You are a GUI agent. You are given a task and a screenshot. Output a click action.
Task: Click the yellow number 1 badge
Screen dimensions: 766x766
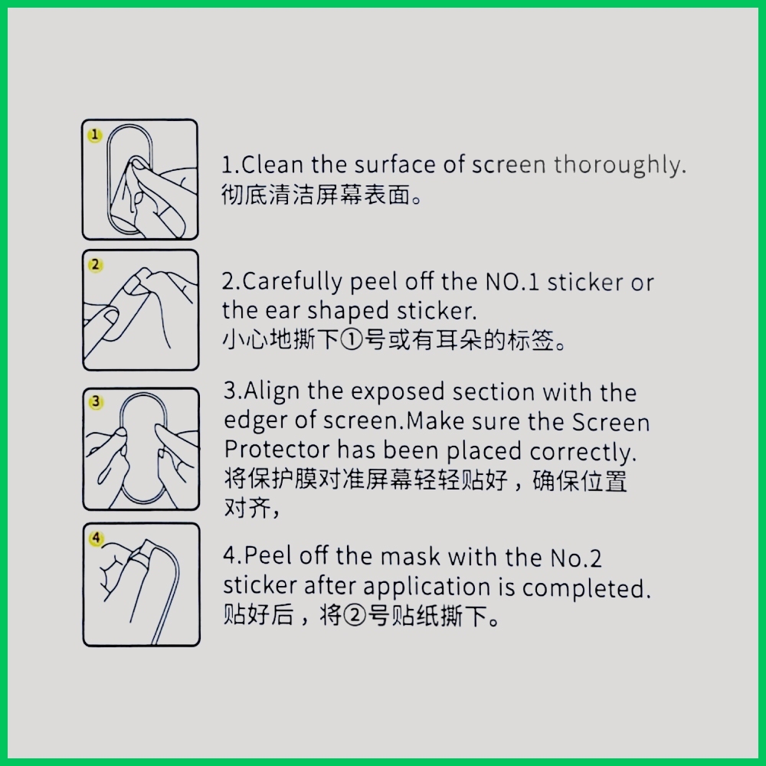click(x=95, y=135)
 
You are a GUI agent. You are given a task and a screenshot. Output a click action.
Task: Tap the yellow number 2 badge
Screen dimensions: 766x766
click(x=95, y=265)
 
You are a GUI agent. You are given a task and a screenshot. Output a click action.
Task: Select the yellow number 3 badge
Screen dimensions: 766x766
click(x=96, y=402)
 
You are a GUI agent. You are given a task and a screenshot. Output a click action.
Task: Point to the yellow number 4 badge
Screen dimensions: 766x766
click(x=97, y=538)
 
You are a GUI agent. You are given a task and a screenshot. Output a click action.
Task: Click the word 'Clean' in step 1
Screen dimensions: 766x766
click(x=273, y=165)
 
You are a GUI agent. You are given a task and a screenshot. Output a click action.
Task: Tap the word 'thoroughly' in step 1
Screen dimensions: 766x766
click(x=617, y=165)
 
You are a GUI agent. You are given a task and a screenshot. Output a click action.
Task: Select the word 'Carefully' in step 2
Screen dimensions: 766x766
click(x=292, y=283)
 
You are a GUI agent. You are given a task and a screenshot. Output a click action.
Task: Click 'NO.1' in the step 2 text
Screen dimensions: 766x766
click(x=512, y=282)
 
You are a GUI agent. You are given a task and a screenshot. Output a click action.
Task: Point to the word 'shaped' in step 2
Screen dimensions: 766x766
click(x=347, y=312)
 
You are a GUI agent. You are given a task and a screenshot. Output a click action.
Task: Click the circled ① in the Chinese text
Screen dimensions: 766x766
click(x=352, y=340)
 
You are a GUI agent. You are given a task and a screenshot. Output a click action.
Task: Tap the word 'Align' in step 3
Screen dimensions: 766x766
click(x=272, y=392)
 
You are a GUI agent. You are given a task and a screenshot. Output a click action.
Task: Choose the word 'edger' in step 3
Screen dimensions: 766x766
click(x=256, y=422)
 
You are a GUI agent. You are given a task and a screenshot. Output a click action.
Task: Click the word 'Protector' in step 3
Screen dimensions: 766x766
click(x=277, y=450)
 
